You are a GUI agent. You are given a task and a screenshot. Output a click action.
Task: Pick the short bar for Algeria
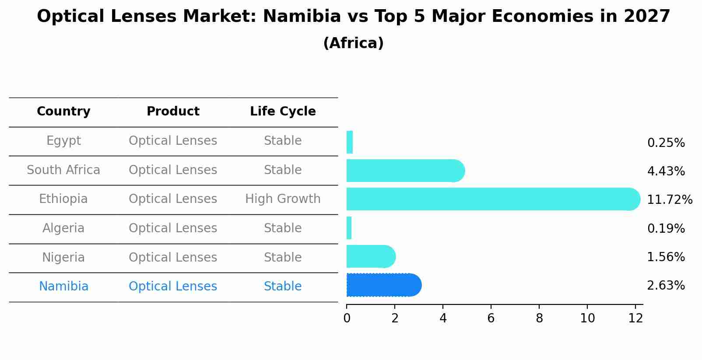click(349, 228)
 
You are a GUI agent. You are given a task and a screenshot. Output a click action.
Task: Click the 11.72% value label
click(669, 200)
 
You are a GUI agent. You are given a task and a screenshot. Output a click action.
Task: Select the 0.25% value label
click(666, 143)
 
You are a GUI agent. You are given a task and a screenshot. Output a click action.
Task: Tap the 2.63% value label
click(666, 286)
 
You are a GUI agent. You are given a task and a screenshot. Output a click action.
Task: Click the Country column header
click(63, 112)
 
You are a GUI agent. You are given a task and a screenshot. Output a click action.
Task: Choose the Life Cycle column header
click(283, 112)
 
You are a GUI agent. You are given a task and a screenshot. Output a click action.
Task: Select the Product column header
click(173, 112)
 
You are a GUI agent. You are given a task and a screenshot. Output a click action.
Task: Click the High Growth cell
click(283, 199)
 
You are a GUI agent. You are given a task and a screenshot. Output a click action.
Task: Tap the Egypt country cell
click(63, 141)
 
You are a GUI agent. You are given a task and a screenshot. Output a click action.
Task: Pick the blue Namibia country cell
click(63, 287)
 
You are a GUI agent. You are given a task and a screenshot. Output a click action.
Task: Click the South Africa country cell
click(63, 170)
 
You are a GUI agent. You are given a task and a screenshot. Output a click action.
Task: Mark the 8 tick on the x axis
click(539, 318)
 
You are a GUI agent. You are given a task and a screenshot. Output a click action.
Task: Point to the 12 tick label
click(635, 318)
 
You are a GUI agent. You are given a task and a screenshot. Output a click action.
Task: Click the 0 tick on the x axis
click(347, 318)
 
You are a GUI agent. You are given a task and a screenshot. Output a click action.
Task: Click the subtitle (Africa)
click(353, 43)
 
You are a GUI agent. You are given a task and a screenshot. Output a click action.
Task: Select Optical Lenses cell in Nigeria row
click(173, 258)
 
